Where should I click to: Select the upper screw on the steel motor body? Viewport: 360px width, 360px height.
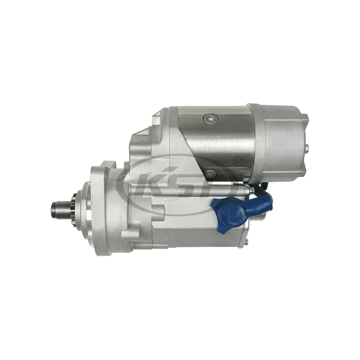pos(208,118)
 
